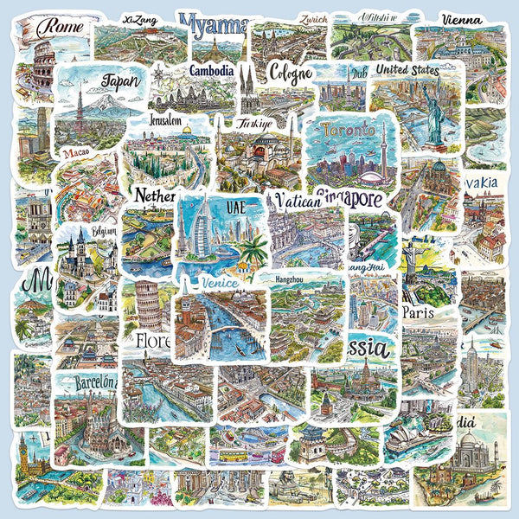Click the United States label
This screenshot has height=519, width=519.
(407, 70)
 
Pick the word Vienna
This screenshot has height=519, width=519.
(462, 19)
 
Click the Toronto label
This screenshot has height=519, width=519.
(349, 131)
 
